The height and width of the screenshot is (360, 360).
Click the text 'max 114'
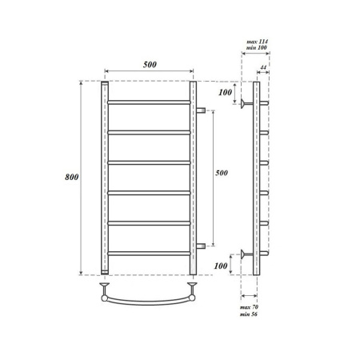255,41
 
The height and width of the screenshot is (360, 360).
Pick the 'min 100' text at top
255,50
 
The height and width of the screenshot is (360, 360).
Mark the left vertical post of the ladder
104,177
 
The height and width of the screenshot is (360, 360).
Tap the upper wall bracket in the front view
201,109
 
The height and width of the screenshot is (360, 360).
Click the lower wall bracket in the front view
201,245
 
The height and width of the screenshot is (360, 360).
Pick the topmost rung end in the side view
264,102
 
